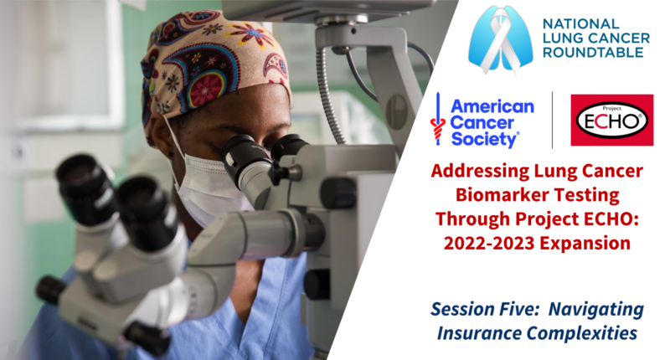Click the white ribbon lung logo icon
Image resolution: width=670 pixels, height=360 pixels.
point(500,39)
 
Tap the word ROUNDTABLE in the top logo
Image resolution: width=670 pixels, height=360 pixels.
point(593,53)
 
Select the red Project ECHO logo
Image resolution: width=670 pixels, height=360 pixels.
point(612,121)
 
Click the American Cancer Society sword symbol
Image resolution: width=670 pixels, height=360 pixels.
point(437,120)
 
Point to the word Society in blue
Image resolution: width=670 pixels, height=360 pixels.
point(485,139)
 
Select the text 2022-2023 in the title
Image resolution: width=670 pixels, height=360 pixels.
point(489,244)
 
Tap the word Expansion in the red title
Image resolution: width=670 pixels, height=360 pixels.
point(585,244)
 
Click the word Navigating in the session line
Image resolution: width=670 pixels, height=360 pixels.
point(596,310)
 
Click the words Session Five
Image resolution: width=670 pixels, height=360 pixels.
point(485,309)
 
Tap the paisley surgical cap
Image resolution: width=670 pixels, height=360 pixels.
point(214,64)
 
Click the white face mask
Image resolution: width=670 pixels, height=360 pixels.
point(209,188)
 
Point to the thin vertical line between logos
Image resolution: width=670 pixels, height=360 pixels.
point(552,120)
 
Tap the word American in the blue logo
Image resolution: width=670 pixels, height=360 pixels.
point(492,106)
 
